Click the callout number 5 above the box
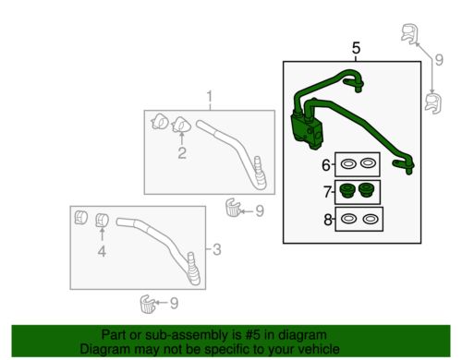click(356, 48)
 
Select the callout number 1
click(210, 96)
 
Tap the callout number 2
click(182, 153)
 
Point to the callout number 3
click(217, 249)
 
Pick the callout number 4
click(102, 251)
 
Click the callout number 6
click(326, 165)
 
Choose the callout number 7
click(327, 192)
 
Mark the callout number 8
click(328, 220)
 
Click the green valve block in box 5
click(307, 131)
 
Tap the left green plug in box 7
click(347, 190)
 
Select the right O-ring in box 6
click(368, 163)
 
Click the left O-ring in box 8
click(348, 219)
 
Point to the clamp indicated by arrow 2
click(181, 125)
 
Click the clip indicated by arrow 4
click(102, 221)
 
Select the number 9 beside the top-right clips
click(439, 60)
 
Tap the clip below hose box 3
click(148, 304)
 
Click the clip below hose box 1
click(233, 208)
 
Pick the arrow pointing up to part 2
click(182, 138)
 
